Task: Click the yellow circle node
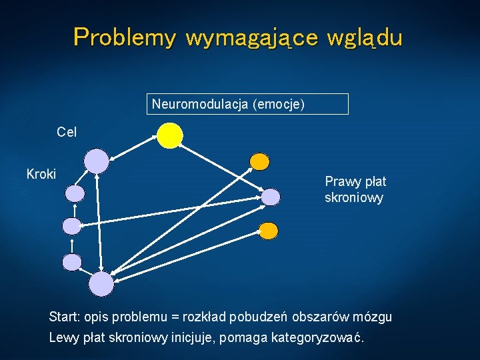pos(170,135)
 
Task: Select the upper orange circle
pos(259,161)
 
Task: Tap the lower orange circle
pos(267,231)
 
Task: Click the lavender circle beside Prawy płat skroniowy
pos(271,197)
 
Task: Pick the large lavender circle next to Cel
pos(97,161)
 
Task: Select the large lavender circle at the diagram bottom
pos(101,284)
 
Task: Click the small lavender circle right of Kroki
pos(75,194)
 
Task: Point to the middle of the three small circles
pos(72,226)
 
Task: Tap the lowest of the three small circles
pos(72,262)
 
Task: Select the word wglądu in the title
pos(365,37)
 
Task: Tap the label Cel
pos(67,132)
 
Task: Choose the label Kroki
pos(41,175)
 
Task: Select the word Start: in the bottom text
pos(64,316)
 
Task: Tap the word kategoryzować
pos(318,337)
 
